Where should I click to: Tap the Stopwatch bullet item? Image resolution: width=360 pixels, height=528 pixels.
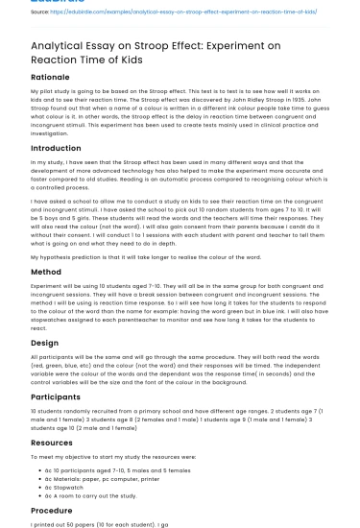point(72,487)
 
